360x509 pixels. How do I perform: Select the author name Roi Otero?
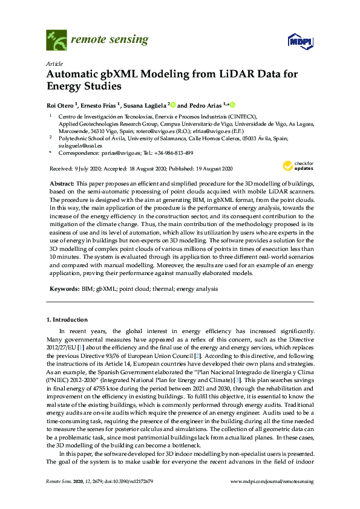click(62, 105)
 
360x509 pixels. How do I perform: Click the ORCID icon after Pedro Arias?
click(231, 104)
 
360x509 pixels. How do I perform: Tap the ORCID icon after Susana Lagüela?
click(172, 104)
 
